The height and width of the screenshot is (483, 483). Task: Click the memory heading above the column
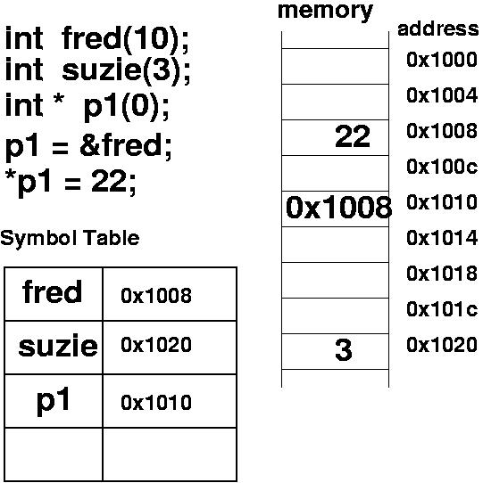(325, 12)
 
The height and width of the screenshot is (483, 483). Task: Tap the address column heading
(438, 29)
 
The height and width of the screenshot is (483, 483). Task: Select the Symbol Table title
(70, 239)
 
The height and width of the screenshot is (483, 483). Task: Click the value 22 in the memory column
(353, 136)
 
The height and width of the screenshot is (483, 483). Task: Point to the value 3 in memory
(343, 349)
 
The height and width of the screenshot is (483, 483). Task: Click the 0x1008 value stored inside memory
(338, 208)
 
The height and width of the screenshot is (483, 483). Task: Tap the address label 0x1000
(442, 60)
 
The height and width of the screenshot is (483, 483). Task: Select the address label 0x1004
(442, 95)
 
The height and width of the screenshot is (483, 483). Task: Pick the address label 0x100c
(442, 167)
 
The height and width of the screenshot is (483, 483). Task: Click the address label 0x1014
(442, 238)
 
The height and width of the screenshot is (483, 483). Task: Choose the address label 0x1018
(442, 274)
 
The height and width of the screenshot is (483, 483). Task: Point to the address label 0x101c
(442, 309)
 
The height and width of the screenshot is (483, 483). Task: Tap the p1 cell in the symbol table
(53, 400)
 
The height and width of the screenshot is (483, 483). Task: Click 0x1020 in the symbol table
(156, 345)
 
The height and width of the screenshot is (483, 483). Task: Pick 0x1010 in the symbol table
(156, 403)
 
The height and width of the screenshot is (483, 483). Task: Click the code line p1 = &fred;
(88, 147)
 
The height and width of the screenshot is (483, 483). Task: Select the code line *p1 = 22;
(71, 183)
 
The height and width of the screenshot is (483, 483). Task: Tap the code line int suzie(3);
(97, 71)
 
